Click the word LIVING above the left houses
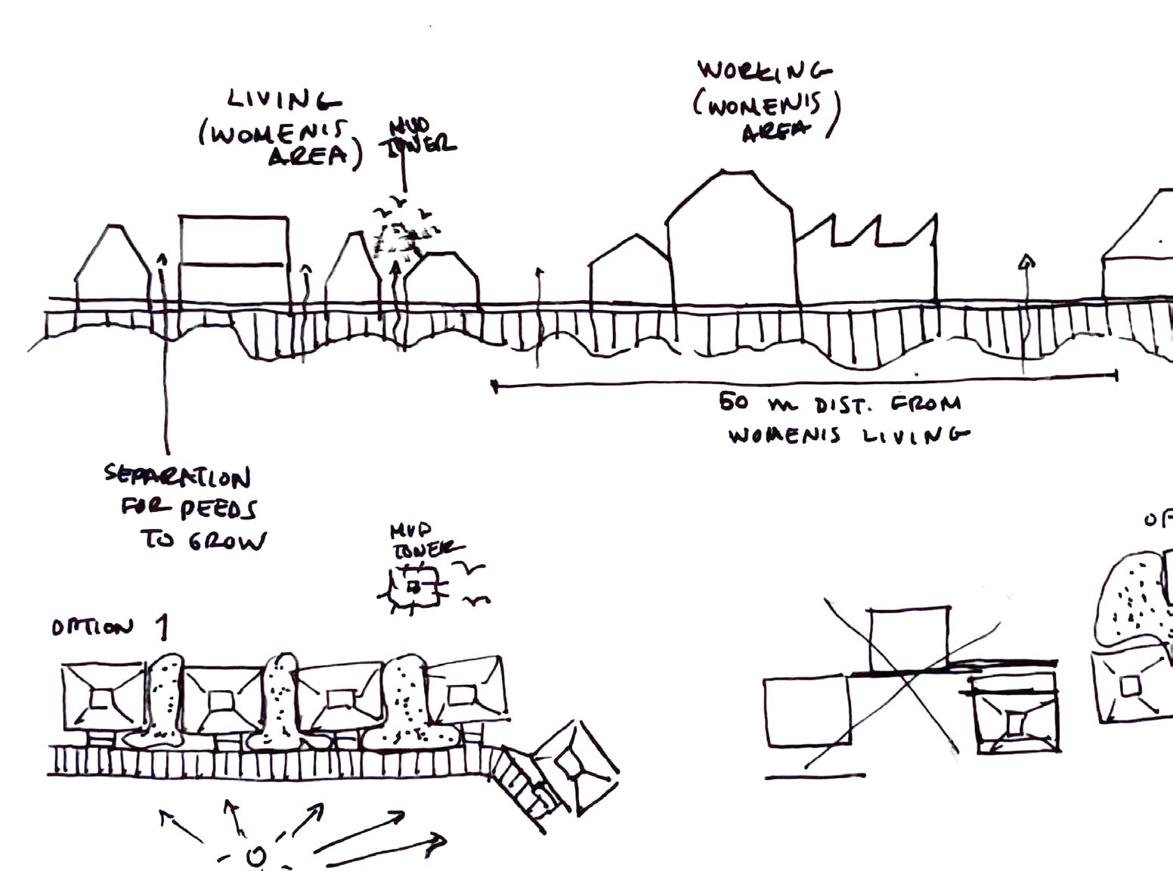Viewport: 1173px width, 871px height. [x=283, y=100]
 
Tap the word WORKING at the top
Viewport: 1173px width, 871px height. [x=763, y=71]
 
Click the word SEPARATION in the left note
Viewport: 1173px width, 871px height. [x=178, y=476]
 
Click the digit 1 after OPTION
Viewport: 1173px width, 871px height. [x=161, y=627]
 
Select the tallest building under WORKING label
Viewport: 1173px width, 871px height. [x=730, y=242]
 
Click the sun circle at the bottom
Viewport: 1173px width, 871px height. [x=256, y=857]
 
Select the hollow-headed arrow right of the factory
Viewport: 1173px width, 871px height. [x=1026, y=262]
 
